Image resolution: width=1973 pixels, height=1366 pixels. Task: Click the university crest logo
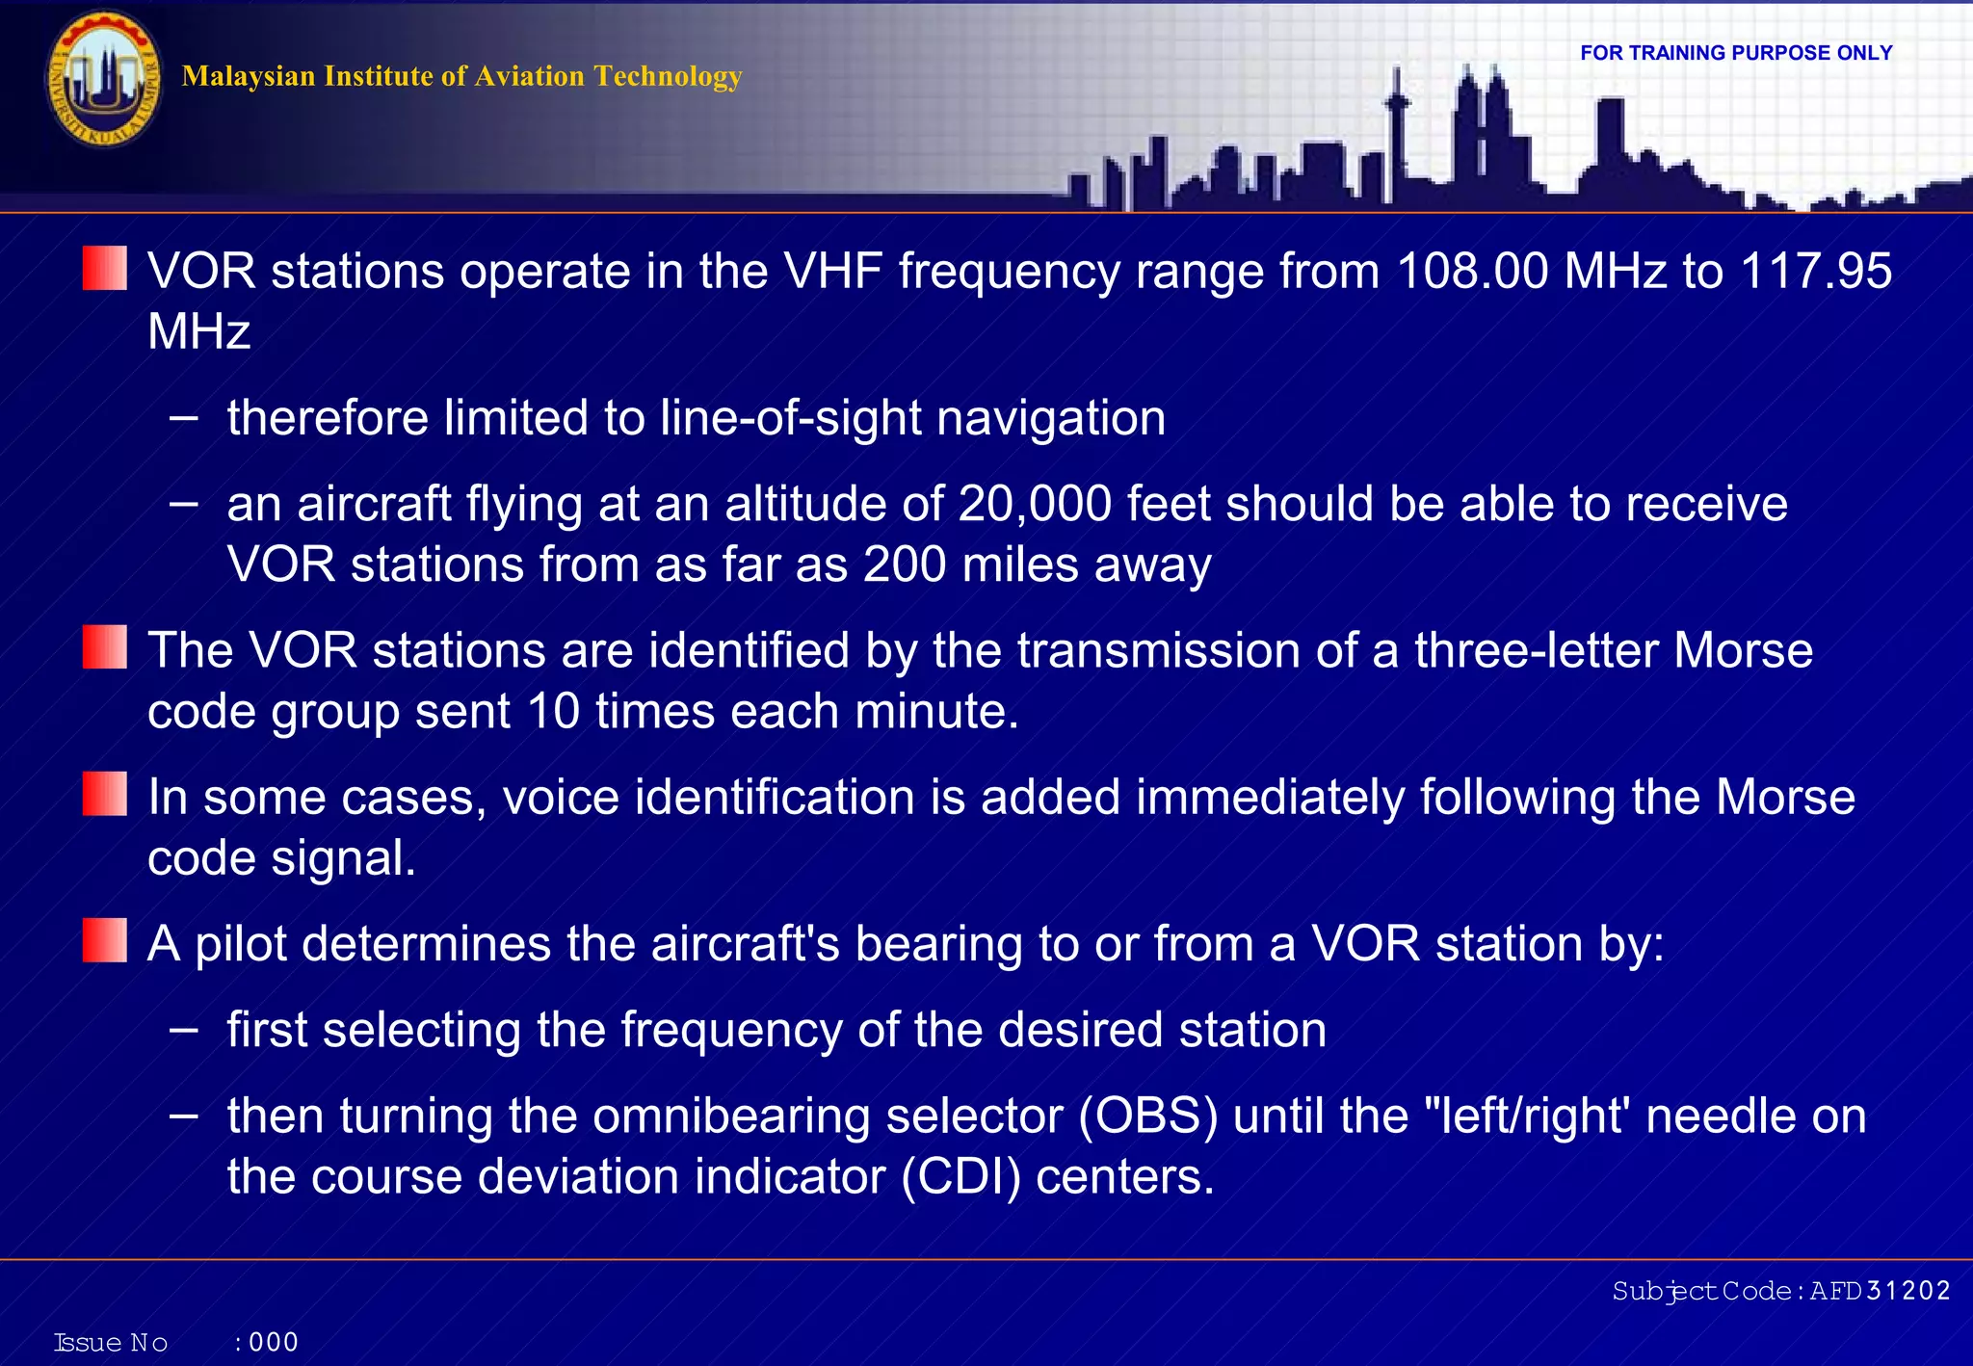103,80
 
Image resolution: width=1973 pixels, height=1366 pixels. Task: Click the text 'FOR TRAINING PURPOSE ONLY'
1736,53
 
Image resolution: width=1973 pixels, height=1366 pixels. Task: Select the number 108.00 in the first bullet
1472,271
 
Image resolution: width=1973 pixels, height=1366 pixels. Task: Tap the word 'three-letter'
1536,650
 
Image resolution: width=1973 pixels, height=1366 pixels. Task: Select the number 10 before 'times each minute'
553,711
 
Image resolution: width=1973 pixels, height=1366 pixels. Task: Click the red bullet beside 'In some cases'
105,794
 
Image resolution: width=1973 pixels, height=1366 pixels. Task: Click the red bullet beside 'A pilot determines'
105,940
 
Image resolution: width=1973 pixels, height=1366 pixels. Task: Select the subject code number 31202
1907,1291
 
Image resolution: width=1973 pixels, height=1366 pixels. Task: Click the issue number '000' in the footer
274,1342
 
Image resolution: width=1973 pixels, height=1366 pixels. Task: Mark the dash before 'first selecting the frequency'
183,1030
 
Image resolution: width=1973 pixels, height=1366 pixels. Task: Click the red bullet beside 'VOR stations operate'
105,268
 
